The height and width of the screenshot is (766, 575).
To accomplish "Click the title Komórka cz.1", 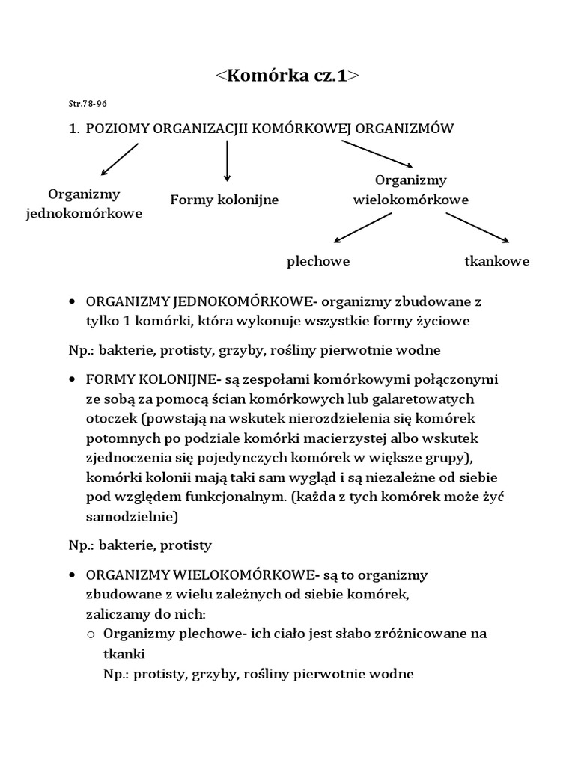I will click(287, 76).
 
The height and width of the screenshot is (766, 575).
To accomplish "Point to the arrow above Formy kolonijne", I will click(227, 161).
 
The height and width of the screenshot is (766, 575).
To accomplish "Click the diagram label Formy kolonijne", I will click(225, 200).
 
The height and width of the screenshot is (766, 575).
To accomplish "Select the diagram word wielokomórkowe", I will click(410, 200).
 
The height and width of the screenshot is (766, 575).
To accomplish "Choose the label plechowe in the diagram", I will click(318, 261).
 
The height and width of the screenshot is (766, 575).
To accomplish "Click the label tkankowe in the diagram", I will click(497, 261).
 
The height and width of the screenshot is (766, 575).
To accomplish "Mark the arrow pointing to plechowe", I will click(362, 228).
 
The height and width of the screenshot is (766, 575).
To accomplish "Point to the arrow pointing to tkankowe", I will click(478, 228).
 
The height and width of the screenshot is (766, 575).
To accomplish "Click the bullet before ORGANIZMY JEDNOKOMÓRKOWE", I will click(72, 301).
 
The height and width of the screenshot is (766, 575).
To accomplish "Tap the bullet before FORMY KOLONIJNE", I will click(72, 380).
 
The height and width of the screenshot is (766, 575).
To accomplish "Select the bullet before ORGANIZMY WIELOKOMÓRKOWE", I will click(72, 575).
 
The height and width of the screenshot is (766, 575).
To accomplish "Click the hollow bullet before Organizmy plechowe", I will click(91, 634).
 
